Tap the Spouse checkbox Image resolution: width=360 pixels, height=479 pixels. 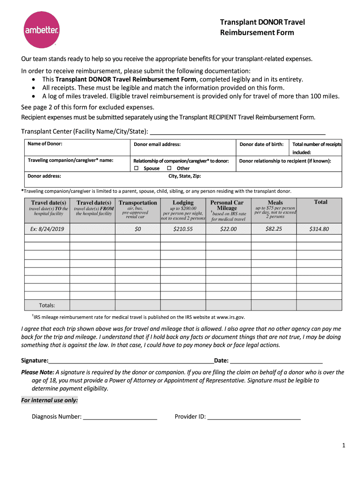(x=137, y=168)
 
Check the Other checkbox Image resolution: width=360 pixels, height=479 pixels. (x=169, y=168)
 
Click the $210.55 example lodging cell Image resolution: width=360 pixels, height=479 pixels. (x=183, y=229)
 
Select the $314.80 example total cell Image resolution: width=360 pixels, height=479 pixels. (x=320, y=229)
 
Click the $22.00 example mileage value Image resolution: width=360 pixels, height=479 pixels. (x=228, y=229)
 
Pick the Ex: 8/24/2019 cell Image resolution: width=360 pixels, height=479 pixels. (x=47, y=229)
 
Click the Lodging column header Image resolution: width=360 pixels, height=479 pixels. (x=183, y=203)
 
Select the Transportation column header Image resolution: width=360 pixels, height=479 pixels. (x=137, y=203)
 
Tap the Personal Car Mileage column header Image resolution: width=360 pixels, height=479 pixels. (x=227, y=205)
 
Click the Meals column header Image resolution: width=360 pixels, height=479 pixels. (x=275, y=203)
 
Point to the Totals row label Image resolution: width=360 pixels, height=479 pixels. (x=47, y=305)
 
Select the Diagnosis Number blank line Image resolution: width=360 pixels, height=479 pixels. (x=120, y=417)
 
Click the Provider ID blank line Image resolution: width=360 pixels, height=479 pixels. (x=253, y=417)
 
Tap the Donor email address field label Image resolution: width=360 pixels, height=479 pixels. (x=157, y=145)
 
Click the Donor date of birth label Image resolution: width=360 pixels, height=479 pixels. (x=261, y=144)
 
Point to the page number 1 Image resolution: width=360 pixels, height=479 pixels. (x=343, y=446)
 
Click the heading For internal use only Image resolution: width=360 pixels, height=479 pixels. (x=50, y=400)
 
